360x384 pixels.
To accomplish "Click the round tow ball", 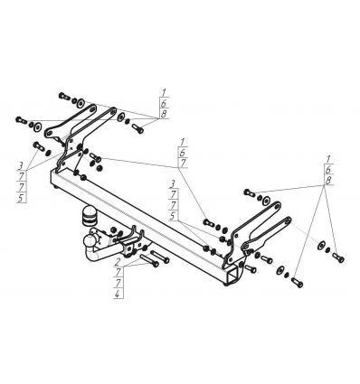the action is coord(90,240).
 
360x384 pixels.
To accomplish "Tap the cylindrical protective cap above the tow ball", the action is coord(89,216).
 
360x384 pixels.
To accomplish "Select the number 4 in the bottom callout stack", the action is coord(118,294).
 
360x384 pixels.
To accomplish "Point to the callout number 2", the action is coord(118,261).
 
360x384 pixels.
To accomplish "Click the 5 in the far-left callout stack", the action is coord(22,198).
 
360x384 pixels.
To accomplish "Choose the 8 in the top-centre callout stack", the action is coord(164,114).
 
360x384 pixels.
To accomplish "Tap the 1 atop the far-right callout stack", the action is coord(328,159).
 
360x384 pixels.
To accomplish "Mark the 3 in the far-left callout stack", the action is coord(21,165).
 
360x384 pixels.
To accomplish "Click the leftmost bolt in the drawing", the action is coord(22,120).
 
